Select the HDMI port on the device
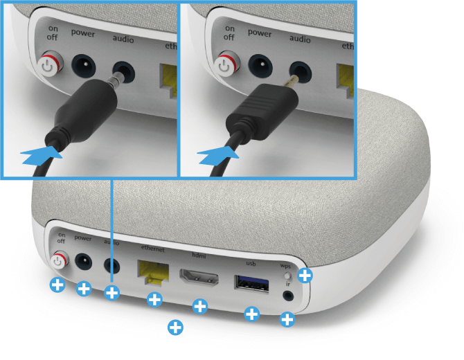(199, 278)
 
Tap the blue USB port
(251, 284)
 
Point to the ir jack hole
(288, 296)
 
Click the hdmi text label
(199, 255)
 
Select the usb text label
(251, 263)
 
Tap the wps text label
(285, 266)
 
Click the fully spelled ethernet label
(152, 248)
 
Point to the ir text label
(287, 284)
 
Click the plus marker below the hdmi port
(199, 306)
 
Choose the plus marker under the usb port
(252, 314)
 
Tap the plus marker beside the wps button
(305, 276)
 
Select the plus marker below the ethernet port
(154, 299)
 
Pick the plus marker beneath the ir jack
(287, 319)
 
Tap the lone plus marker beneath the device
(175, 327)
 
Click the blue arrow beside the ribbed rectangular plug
(218, 156)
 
